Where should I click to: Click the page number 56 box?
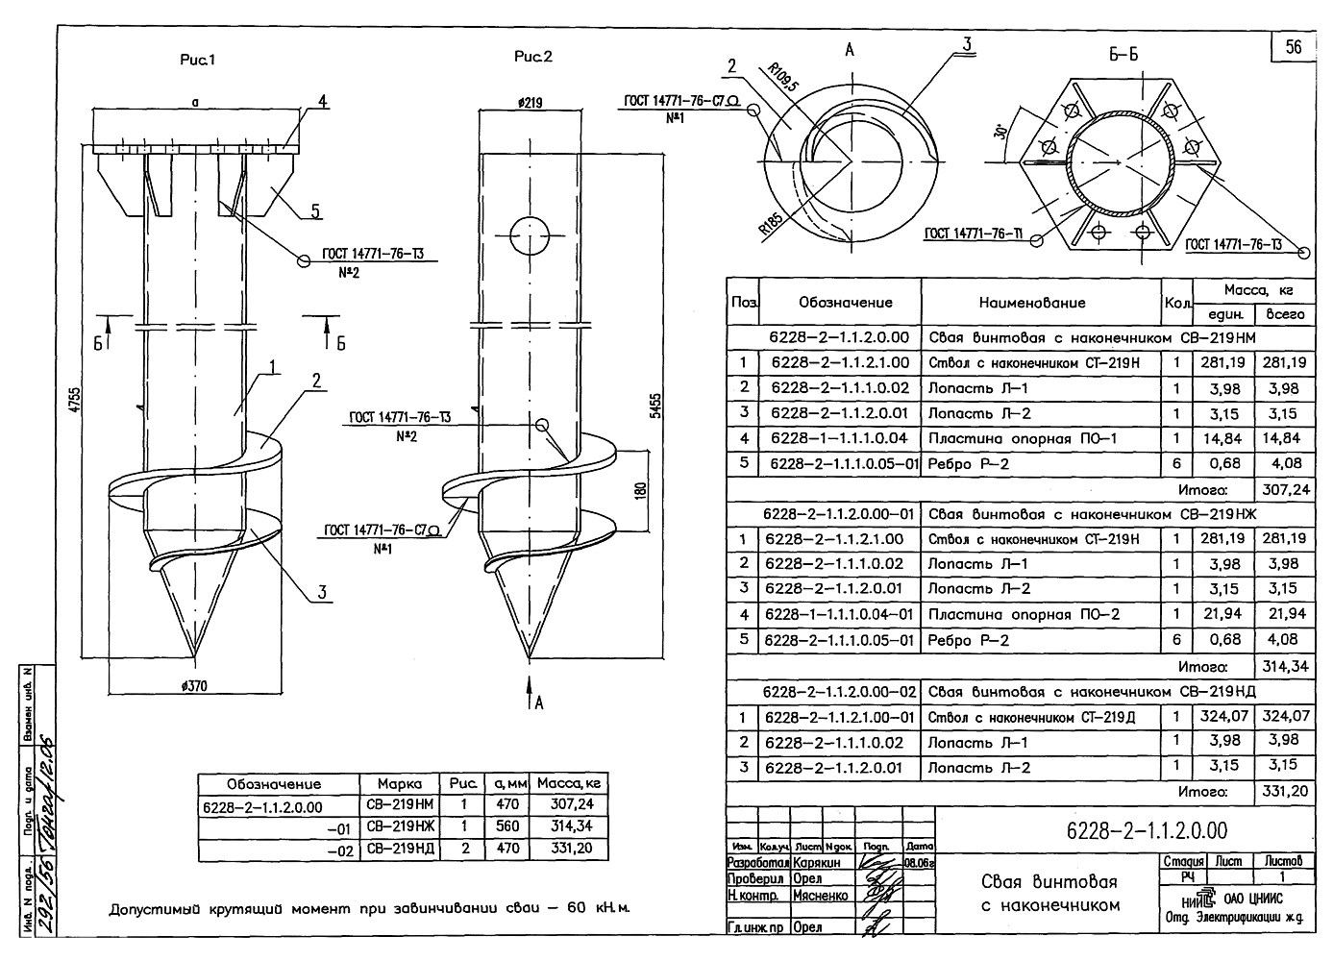[1294, 46]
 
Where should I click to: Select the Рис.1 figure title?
[197, 60]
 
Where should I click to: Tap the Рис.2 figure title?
[533, 57]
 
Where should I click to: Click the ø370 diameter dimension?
[193, 685]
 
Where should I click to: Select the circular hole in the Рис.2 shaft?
[530, 235]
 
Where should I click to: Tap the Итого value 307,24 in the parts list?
[1285, 489]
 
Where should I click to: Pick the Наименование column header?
[1031, 302]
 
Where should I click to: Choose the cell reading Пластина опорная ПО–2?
[1023, 614]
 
